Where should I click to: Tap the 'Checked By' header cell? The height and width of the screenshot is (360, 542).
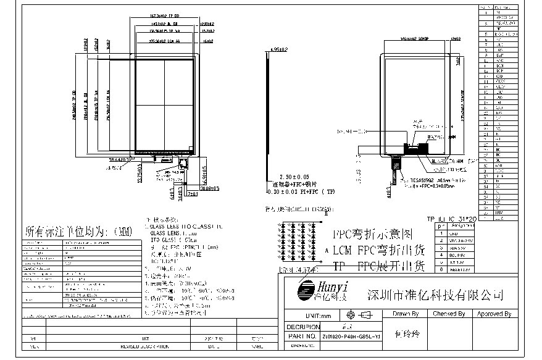pyautogui.click(x=449, y=314)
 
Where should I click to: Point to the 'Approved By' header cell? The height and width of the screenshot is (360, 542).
pyautogui.click(x=494, y=314)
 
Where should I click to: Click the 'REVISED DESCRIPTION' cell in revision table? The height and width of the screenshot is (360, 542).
pyautogui.click(x=146, y=347)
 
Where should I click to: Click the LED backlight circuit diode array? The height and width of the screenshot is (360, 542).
pyautogui.click(x=300, y=241)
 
